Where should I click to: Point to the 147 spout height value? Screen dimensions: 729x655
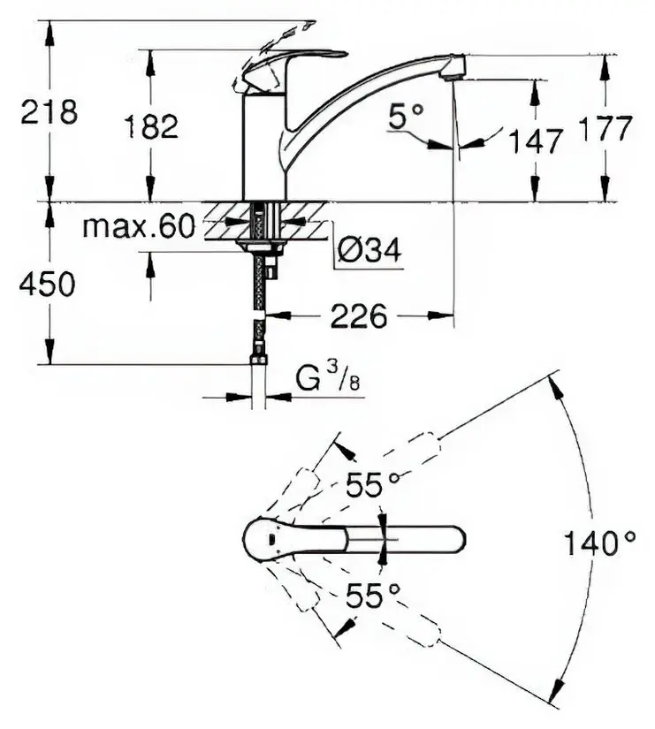click(535, 140)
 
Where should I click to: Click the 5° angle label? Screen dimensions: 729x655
click(409, 115)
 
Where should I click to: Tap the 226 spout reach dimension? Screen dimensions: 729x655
click(359, 315)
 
